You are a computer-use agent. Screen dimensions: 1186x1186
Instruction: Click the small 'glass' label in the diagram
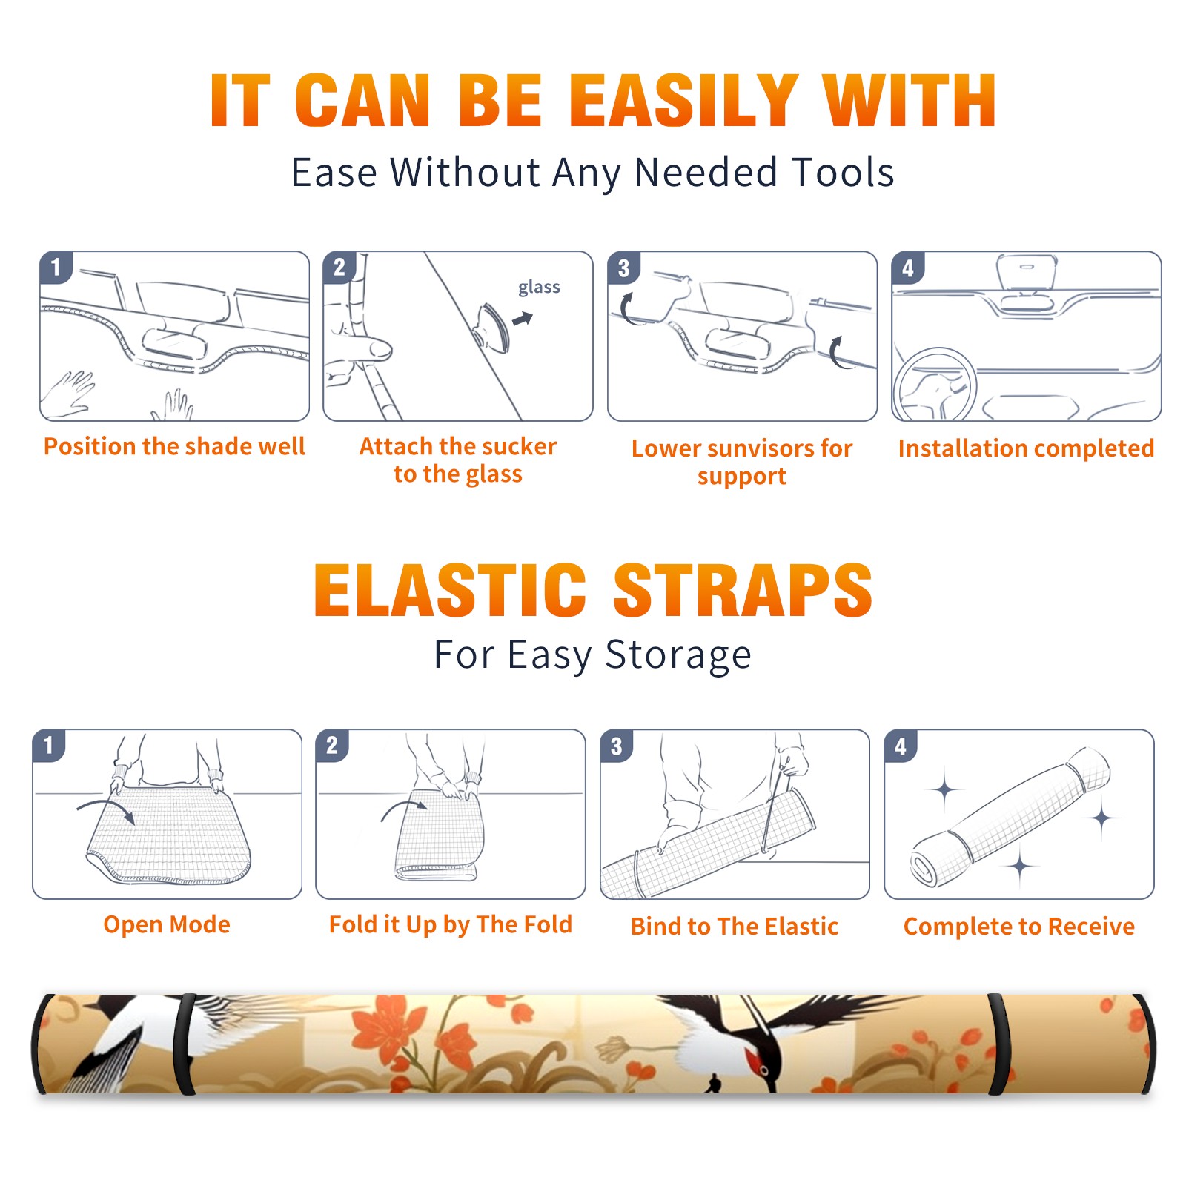coord(539,288)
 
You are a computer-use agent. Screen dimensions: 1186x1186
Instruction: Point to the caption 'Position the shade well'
coord(174,446)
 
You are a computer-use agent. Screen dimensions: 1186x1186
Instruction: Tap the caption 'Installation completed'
coord(1026,448)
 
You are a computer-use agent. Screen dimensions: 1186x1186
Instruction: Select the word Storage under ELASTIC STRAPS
coord(678,655)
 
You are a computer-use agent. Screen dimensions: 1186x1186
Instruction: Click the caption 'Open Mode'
coord(167,924)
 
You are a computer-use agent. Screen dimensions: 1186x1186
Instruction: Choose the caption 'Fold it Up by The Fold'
coord(451,924)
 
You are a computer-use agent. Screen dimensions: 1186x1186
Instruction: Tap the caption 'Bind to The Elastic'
coord(735,927)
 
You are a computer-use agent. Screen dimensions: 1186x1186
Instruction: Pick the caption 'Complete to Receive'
coord(1019,927)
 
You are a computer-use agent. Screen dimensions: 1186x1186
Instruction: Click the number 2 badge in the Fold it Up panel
coord(332,745)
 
